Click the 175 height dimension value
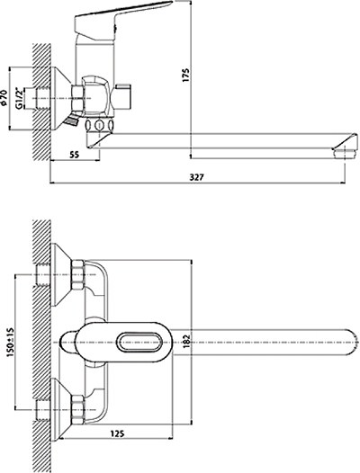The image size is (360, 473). pos(186,76)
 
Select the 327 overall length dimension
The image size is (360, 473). pos(196,177)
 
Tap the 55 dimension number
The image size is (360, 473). pos(75,155)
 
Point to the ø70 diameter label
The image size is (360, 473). pos(4,97)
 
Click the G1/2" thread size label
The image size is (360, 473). pos(20,98)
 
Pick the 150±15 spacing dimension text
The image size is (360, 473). pos(10,342)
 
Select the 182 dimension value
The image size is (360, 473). pos(186,342)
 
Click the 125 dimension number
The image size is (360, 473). pos(117,433)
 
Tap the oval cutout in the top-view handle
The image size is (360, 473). pos(139,342)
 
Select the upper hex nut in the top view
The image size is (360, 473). pos(78,275)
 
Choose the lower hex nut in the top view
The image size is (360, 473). pos(78,409)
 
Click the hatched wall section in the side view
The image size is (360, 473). pos(41,102)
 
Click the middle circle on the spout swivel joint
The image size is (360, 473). pos(99,125)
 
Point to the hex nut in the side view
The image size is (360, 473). pos(77,98)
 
